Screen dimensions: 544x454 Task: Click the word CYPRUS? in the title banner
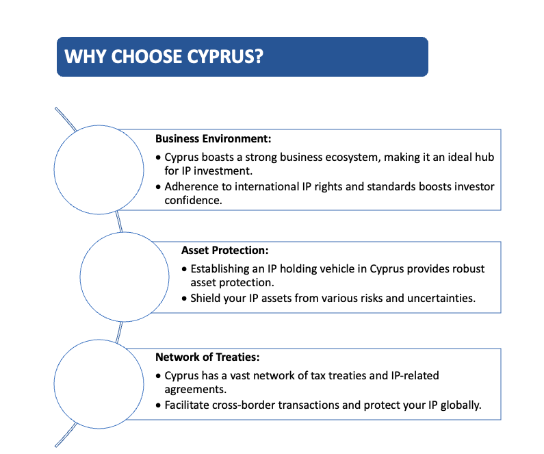[x=225, y=56]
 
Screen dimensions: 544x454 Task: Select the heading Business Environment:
[x=213, y=139]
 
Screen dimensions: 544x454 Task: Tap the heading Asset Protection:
[x=225, y=250]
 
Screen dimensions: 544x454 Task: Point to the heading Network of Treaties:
[x=207, y=357]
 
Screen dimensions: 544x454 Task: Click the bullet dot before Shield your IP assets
[x=184, y=299]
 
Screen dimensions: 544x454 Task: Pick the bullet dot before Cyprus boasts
[x=158, y=157]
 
